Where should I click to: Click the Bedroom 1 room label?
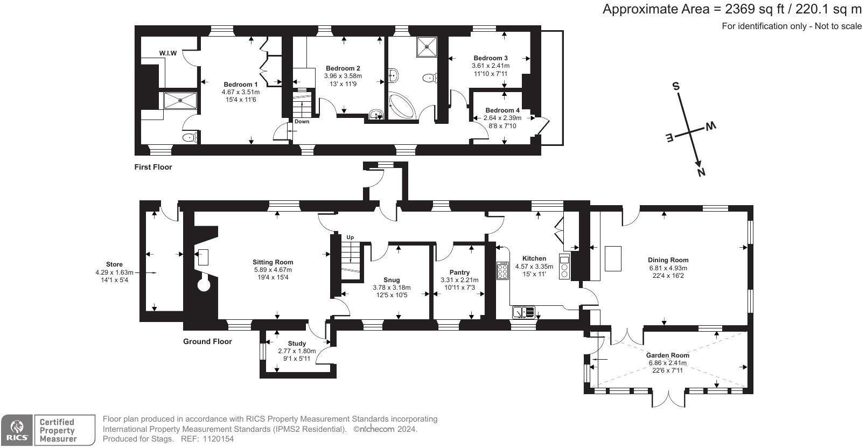(240, 85)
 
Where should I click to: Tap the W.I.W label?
(167, 53)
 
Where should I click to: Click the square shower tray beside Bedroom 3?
(428, 46)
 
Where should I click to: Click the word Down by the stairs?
(302, 122)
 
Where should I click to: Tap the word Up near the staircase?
(350, 237)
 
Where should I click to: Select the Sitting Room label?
(273, 262)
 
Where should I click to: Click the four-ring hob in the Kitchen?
(502, 270)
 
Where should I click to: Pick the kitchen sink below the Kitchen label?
(523, 312)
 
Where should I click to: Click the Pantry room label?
(459, 272)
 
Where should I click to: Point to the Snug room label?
(392, 280)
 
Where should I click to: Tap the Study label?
(297, 344)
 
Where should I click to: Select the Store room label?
(114, 264)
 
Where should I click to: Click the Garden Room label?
(667, 355)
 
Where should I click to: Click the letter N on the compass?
(701, 172)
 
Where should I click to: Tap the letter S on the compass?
(675, 86)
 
